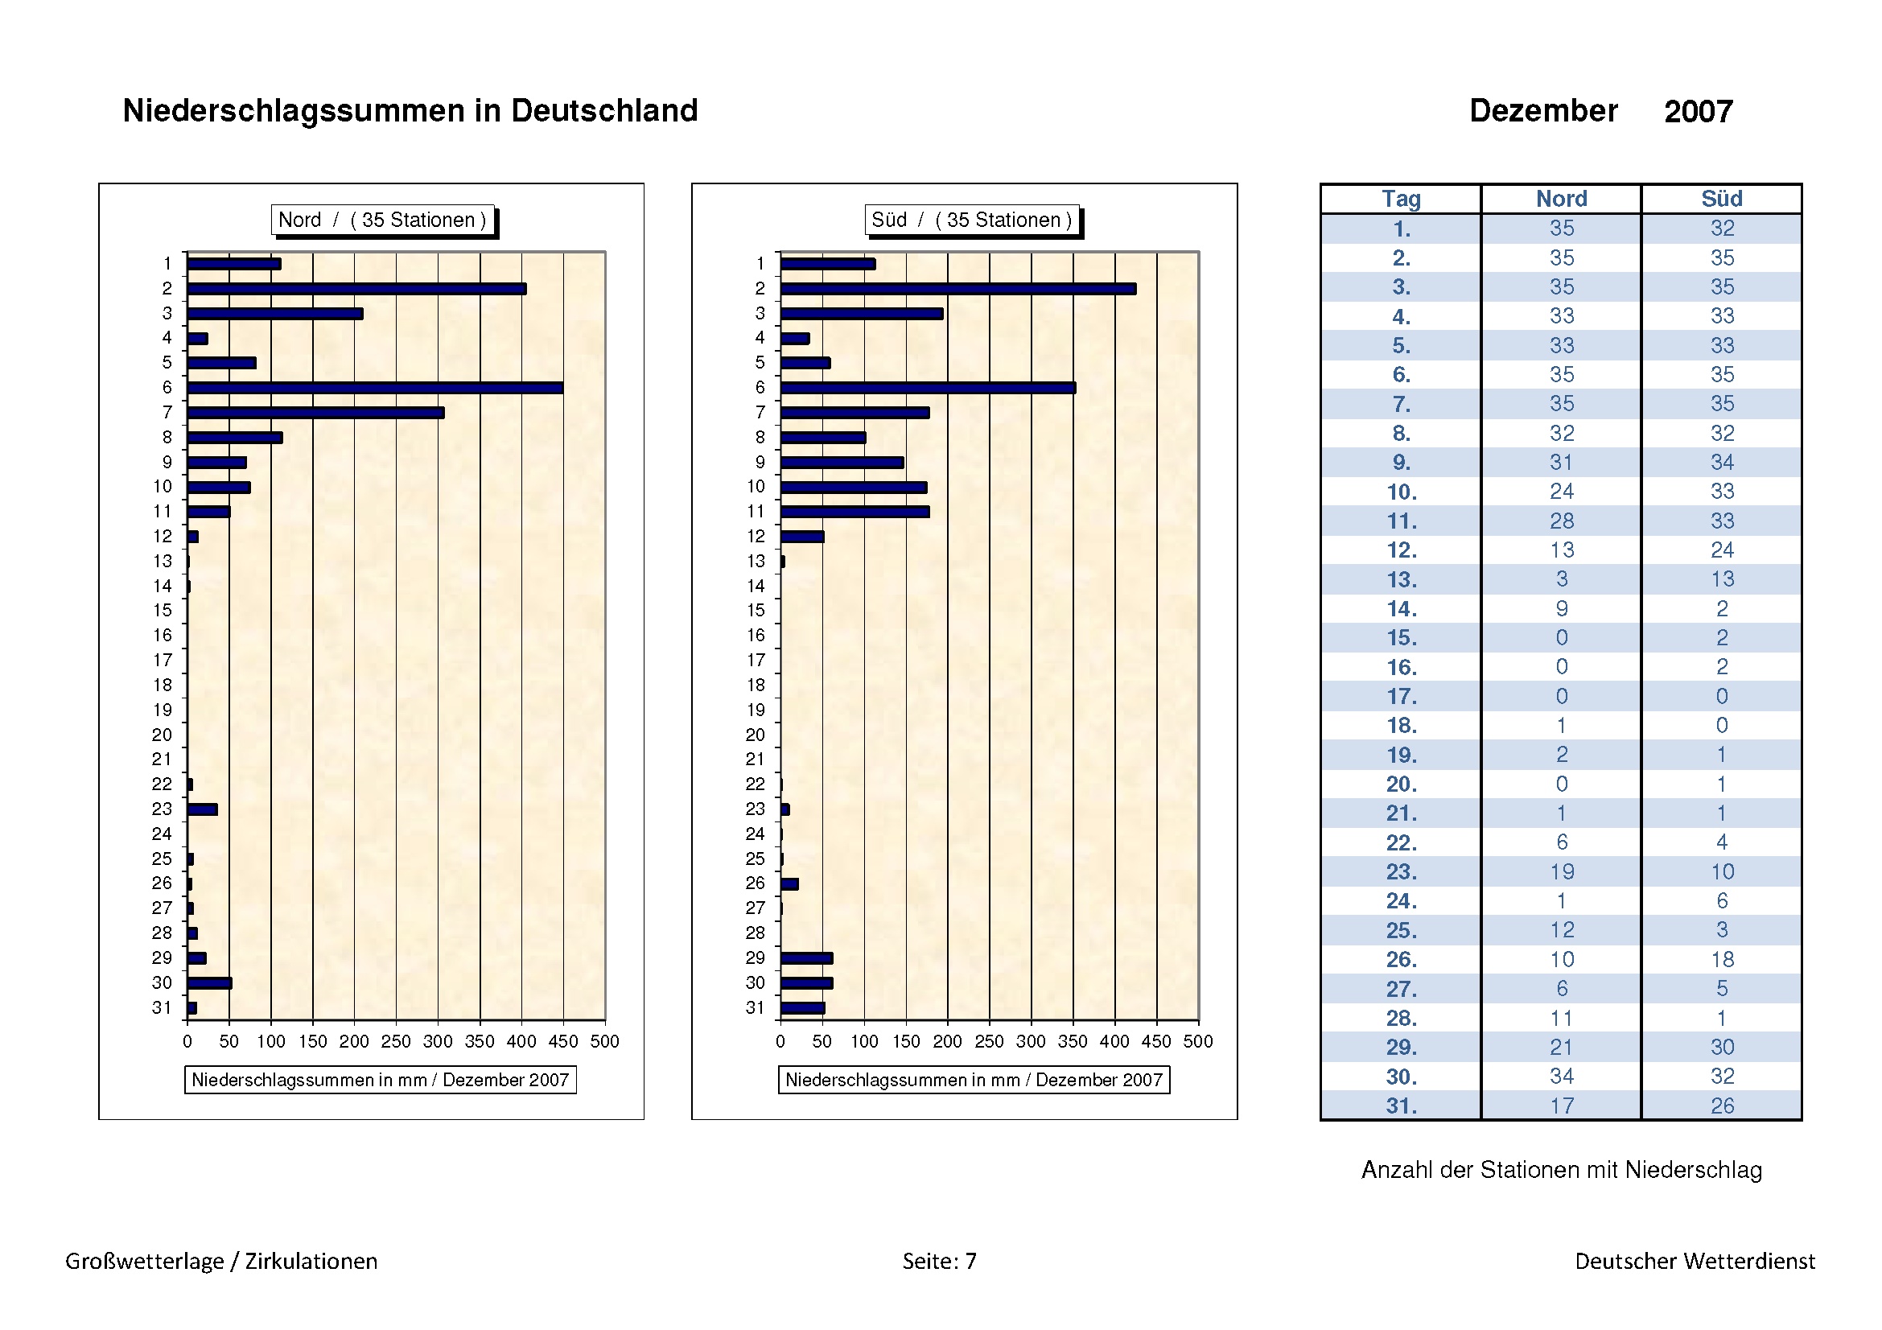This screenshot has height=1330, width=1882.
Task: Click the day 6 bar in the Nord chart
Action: coord(375,388)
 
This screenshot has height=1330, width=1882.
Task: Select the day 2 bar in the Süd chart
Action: coord(957,289)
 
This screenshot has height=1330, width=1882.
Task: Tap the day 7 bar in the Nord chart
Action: coord(315,412)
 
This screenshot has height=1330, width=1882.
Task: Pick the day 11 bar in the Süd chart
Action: coord(855,512)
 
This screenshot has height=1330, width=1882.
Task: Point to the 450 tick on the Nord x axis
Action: coord(563,1040)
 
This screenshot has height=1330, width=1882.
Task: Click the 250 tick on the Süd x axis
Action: coord(990,1040)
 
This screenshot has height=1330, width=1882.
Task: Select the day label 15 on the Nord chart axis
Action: coord(163,611)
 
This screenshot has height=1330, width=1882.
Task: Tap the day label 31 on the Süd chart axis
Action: coord(755,1007)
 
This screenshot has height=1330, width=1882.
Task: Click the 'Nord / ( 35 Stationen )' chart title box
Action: coord(383,220)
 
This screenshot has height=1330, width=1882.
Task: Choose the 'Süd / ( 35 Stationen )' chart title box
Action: coord(971,220)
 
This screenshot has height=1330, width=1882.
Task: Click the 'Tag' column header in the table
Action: coord(1401,198)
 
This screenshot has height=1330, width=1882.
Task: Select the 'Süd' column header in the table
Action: coord(1721,198)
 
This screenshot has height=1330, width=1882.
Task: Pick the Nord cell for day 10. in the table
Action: coord(1562,492)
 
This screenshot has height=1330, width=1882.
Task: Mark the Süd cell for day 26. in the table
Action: coord(1721,959)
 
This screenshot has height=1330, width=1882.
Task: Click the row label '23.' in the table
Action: coord(1401,872)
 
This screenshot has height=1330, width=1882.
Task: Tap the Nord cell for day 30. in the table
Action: coord(1562,1076)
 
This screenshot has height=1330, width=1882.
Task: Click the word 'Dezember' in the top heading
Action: coord(1542,110)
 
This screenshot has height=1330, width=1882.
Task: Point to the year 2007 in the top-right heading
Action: coord(1699,112)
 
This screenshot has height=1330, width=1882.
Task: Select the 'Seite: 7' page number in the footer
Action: coord(939,1260)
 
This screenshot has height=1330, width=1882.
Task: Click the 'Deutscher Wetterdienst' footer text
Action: coord(1695,1260)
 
